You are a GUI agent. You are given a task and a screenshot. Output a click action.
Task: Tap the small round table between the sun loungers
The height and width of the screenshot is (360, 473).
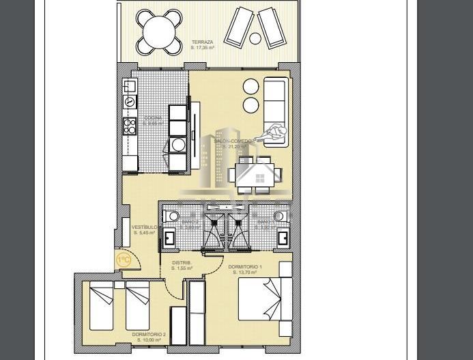click(x=255, y=38)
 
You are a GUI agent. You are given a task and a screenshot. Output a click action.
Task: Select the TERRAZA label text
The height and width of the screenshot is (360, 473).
click(x=203, y=42)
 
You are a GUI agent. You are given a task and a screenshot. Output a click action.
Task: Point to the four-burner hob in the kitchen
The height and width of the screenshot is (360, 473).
click(x=129, y=126)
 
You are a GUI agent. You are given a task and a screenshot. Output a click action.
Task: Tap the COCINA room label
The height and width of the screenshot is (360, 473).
click(x=153, y=118)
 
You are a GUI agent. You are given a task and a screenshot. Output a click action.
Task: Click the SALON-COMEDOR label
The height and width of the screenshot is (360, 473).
click(x=233, y=141)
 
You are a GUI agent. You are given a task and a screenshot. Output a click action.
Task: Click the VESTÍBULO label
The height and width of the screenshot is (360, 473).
click(x=145, y=227)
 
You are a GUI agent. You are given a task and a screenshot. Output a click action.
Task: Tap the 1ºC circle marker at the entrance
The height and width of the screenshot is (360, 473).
click(x=124, y=260)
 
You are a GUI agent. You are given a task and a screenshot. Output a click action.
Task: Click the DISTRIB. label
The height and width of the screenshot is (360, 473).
click(x=182, y=263)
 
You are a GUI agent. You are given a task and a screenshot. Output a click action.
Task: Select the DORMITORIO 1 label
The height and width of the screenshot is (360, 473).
click(x=244, y=267)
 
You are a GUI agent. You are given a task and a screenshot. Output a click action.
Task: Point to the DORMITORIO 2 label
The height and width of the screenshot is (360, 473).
click(x=149, y=334)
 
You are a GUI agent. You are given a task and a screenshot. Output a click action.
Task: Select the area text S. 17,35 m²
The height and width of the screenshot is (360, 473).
click(x=203, y=48)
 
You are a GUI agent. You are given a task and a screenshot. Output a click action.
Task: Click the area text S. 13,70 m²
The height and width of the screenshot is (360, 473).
click(x=244, y=273)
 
